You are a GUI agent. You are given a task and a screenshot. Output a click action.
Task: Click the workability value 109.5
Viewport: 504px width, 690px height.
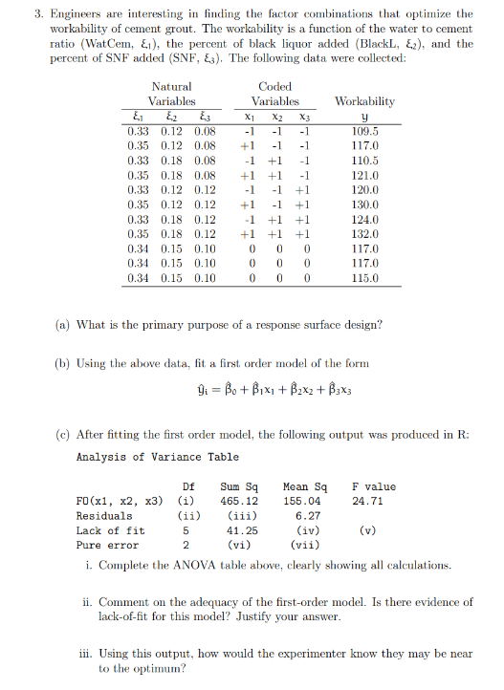click(365, 131)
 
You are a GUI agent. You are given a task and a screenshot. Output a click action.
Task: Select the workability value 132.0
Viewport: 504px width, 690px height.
click(365, 234)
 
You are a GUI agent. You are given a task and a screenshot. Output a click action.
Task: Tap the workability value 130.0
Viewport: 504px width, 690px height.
click(365, 205)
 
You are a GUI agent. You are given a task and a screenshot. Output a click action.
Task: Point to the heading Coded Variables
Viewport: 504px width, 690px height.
click(275, 94)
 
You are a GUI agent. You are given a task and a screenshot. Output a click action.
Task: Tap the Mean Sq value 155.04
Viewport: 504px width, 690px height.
click(305, 500)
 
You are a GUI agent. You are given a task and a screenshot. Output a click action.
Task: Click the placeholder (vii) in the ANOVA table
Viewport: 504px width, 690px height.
click(306, 546)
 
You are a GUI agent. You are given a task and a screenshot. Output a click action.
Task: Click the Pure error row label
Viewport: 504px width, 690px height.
click(101, 546)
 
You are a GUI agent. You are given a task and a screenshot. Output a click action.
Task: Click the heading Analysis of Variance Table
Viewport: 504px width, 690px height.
click(158, 456)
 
